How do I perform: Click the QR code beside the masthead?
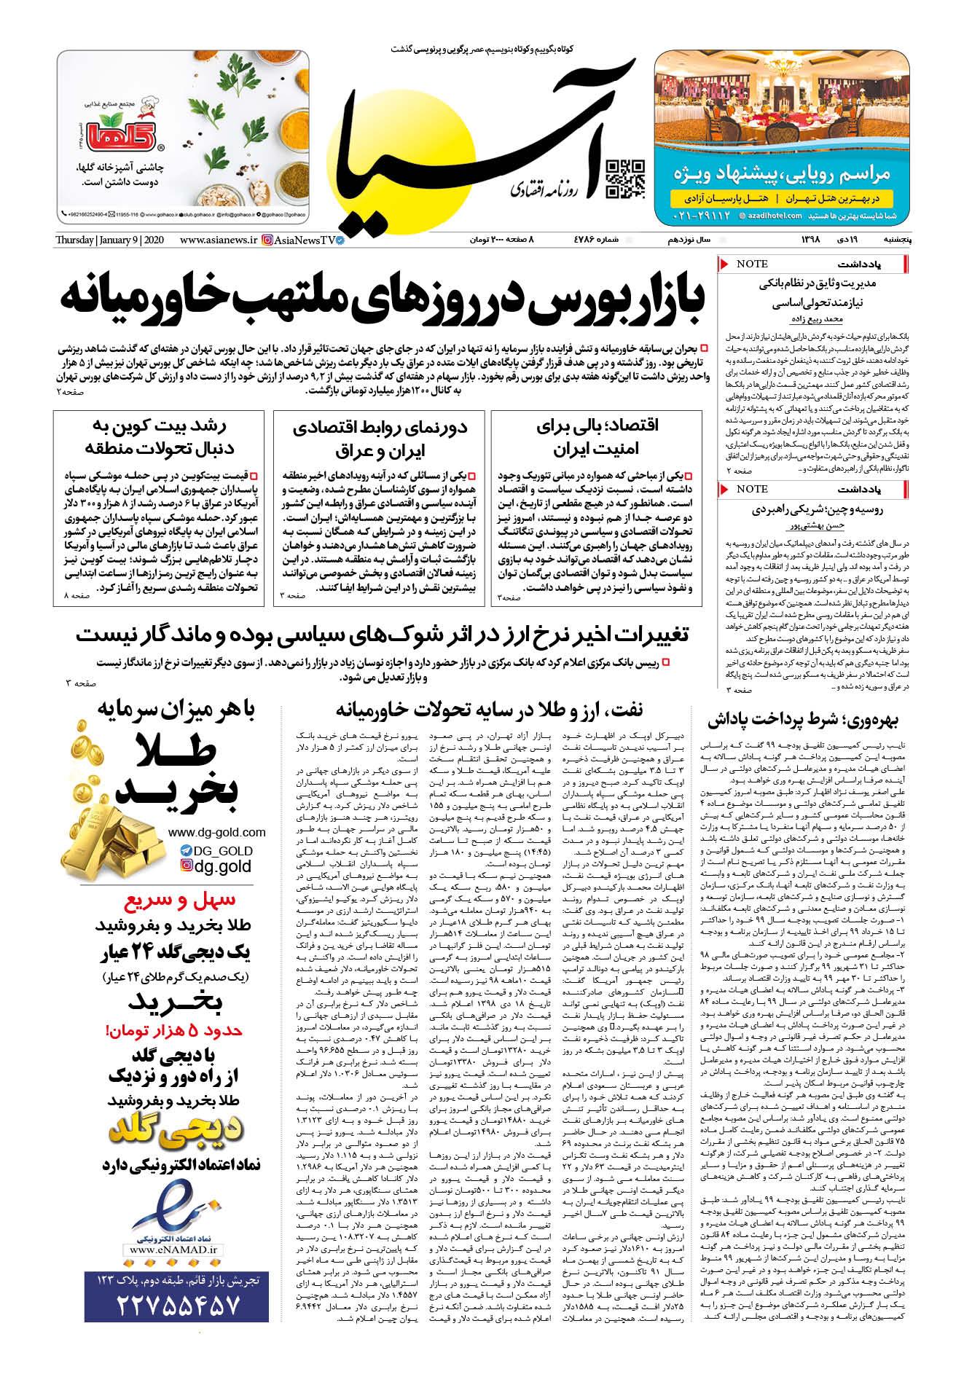click(626, 178)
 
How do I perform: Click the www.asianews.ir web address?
click(219, 240)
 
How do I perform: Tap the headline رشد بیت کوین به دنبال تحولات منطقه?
click(157, 437)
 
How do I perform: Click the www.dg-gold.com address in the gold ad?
click(207, 832)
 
